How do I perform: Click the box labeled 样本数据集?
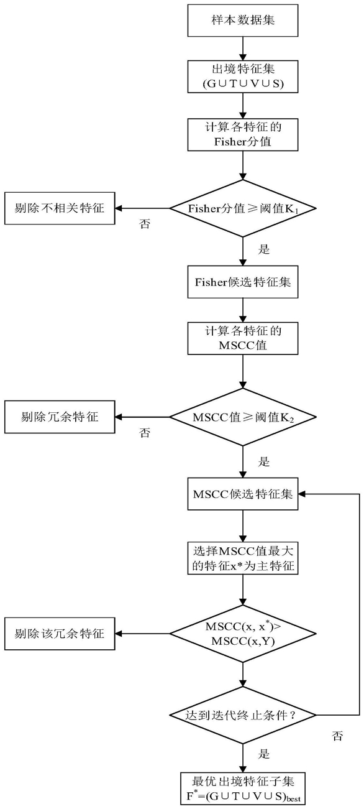pyautogui.click(x=242, y=21)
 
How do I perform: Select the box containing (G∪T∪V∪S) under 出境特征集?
pyautogui.click(x=242, y=76)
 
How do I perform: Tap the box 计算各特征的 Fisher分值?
pyautogui.click(x=242, y=134)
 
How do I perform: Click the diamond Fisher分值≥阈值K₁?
pyautogui.click(x=243, y=208)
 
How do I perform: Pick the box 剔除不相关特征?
pyautogui.click(x=60, y=208)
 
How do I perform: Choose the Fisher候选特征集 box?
pyautogui.click(x=242, y=282)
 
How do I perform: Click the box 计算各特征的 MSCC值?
pyautogui.click(x=242, y=338)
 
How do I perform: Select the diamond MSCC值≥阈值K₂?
pyautogui.click(x=243, y=417)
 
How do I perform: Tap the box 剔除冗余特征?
pyautogui.click(x=60, y=417)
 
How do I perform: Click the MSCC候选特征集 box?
pyautogui.click(x=242, y=494)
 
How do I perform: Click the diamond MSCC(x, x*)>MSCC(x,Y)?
pyautogui.click(x=243, y=634)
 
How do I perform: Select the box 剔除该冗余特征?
pyautogui.click(x=60, y=634)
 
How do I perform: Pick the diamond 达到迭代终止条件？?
pyautogui.click(x=243, y=715)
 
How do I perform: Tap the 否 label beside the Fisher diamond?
pyautogui.click(x=145, y=224)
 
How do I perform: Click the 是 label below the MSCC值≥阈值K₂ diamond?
pyautogui.click(x=264, y=461)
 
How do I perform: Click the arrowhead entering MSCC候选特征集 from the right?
pyautogui.click(x=302, y=494)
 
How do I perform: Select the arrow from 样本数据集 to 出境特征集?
pyautogui.click(x=243, y=49)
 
